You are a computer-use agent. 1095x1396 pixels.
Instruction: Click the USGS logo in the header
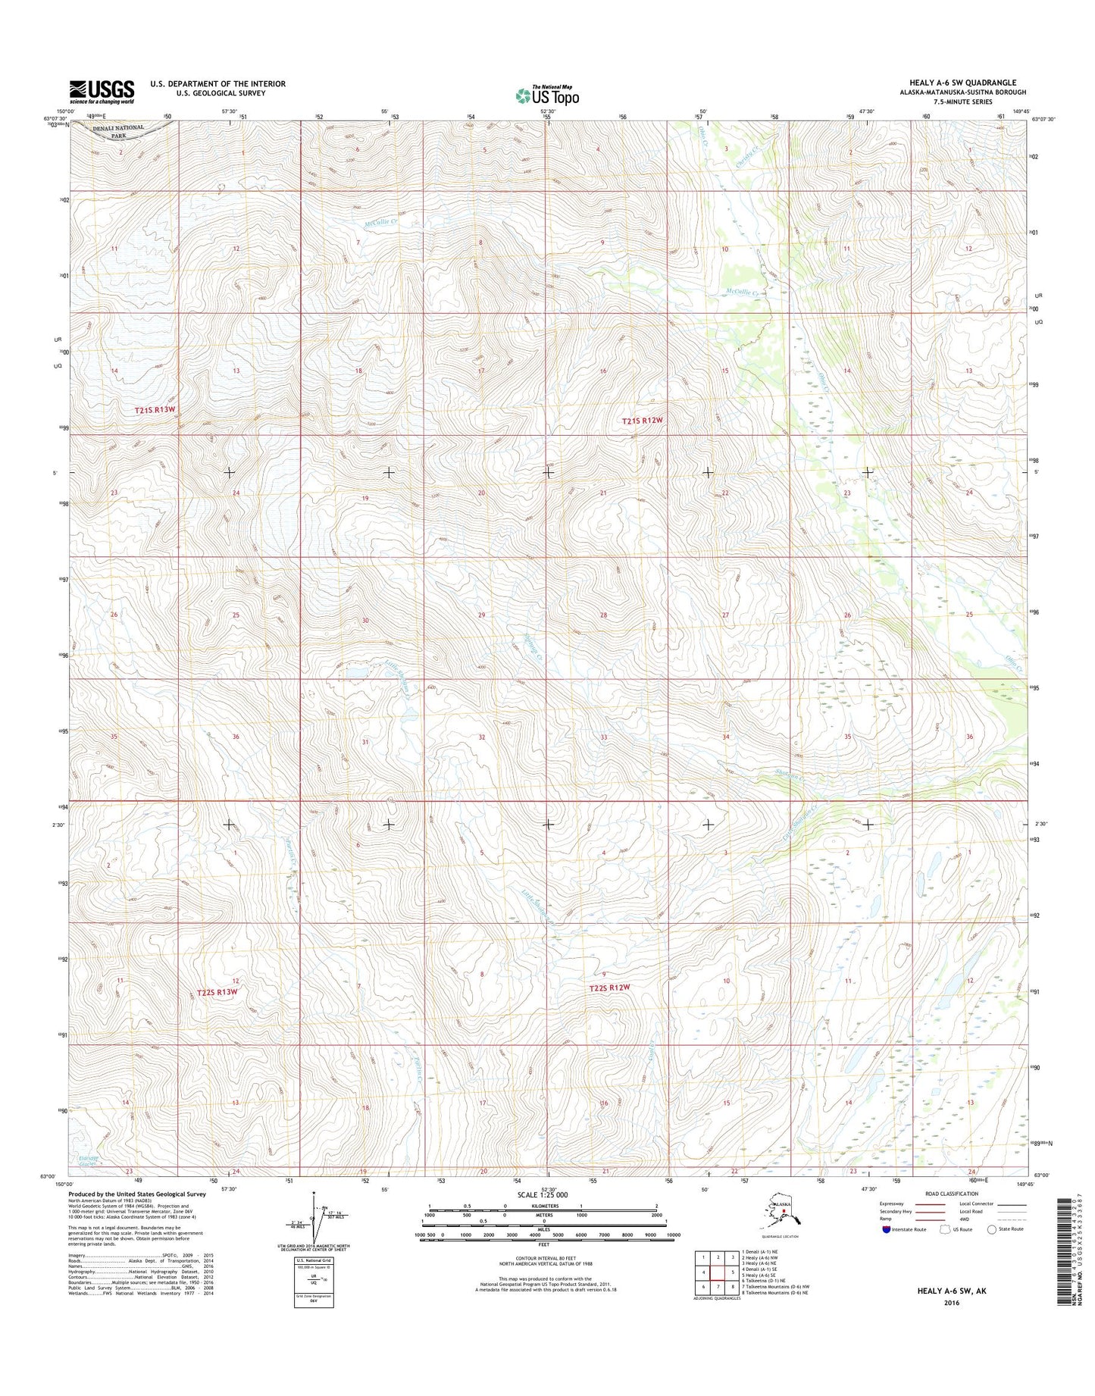click(x=102, y=92)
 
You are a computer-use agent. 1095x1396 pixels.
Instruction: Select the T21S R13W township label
click(x=155, y=409)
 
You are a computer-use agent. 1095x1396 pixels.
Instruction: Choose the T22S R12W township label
click(x=610, y=988)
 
